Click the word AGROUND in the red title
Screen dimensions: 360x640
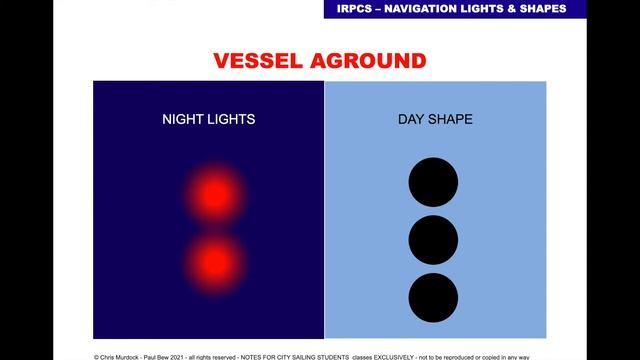pyautogui.click(x=363, y=61)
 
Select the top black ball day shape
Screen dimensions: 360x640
pyautogui.click(x=434, y=182)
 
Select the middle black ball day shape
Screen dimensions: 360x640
pyautogui.click(x=434, y=240)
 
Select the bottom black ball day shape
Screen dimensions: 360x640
pyautogui.click(x=434, y=297)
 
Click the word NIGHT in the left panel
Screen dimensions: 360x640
pyautogui.click(x=182, y=119)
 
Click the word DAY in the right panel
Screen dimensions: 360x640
pyautogui.click(x=411, y=119)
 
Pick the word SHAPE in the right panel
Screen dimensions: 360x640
pyautogui.click(x=451, y=119)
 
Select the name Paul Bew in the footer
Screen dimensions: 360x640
pyautogui.click(x=166, y=355)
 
